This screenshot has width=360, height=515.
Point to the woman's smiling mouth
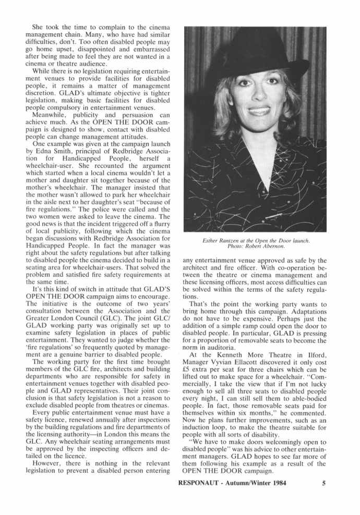click(x=259, y=111)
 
